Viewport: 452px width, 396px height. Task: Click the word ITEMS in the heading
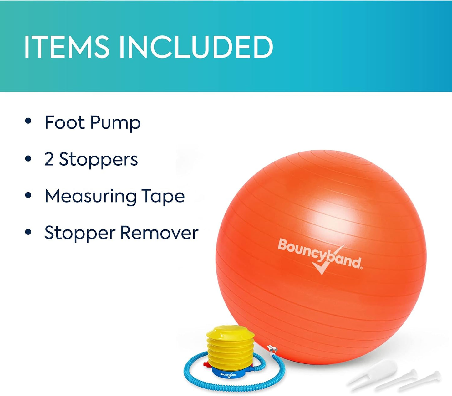tap(66, 47)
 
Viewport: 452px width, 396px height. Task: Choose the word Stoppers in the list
tap(98, 160)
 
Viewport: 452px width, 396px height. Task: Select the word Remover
tap(159, 233)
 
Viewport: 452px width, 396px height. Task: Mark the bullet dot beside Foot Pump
tap(28, 121)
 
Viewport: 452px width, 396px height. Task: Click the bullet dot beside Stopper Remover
tap(28, 232)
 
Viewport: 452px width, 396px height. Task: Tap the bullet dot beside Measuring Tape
tap(28, 195)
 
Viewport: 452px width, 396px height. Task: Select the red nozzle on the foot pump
tap(207, 365)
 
